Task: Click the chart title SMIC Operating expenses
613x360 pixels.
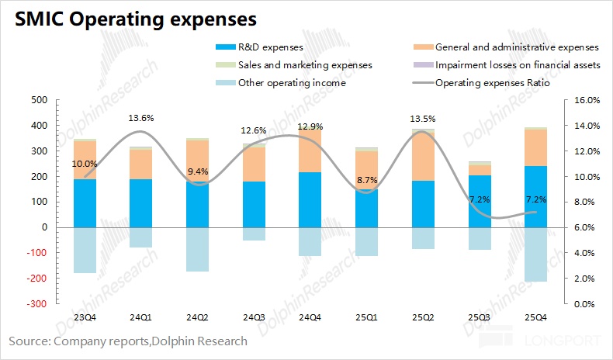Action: pyautogui.click(x=133, y=18)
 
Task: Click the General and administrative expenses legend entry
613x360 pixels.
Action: pyautogui.click(x=515, y=48)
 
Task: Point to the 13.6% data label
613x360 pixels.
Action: pyautogui.click(x=141, y=118)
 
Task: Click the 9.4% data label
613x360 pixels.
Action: pyautogui.click(x=197, y=171)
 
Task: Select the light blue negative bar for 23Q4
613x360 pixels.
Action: pyautogui.click(x=85, y=250)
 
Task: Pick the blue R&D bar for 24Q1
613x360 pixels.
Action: pyautogui.click(x=141, y=202)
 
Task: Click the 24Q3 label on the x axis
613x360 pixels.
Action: pyautogui.click(x=253, y=317)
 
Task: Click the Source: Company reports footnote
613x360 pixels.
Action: pyautogui.click(x=128, y=341)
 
